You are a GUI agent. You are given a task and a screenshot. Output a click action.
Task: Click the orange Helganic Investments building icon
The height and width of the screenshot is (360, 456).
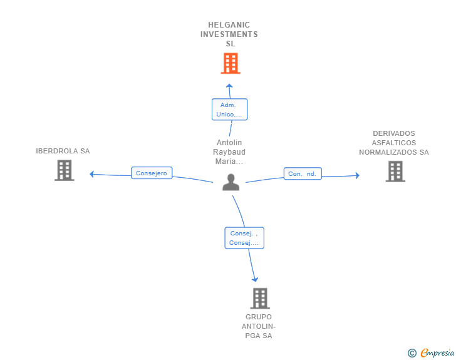pos(231,63)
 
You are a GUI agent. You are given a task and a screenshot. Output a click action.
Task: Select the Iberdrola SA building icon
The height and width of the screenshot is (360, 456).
pos(64,170)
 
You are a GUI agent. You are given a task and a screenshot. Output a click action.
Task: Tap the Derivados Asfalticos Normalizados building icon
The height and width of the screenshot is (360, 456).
pos(395,171)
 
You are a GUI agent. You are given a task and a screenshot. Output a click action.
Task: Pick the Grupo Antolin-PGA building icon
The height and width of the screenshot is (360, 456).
pos(260,299)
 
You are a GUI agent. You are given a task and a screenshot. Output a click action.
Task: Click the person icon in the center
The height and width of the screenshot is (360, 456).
pos(231,182)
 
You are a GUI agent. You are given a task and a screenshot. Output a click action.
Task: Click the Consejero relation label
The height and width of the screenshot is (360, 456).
pos(152,173)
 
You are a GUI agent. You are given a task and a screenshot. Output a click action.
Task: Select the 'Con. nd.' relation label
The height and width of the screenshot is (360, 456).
pos(303,173)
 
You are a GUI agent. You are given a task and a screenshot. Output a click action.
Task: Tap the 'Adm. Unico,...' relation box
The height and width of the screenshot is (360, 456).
pos(230,110)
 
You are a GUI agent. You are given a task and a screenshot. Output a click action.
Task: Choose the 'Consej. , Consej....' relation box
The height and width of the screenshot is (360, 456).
pos(244,238)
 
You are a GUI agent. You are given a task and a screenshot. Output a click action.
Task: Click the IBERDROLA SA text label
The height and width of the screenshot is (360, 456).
pos(63,151)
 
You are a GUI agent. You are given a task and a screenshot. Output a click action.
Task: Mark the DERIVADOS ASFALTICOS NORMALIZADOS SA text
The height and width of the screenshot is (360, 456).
pos(394,143)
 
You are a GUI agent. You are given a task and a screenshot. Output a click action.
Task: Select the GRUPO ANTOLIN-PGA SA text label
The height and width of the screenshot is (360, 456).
pos(259,326)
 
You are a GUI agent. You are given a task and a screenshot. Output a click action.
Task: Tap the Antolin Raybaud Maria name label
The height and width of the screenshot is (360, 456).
pos(229,152)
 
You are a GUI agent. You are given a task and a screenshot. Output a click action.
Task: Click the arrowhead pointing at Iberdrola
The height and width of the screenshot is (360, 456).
pos(92,174)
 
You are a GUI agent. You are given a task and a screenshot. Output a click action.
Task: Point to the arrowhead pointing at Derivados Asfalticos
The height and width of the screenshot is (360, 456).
pos(357,176)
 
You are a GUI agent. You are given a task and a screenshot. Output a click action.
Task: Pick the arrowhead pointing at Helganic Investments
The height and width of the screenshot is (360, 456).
pos(230,86)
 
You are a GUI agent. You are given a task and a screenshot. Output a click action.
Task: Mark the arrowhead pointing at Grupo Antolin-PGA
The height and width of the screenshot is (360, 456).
pos(254,279)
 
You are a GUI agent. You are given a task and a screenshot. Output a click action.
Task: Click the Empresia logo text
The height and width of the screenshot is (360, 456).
pos(437,353)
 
